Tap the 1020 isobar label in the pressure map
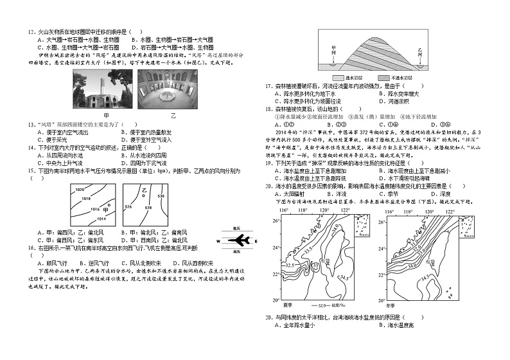(80, 190)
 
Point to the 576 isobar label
(128, 206)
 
